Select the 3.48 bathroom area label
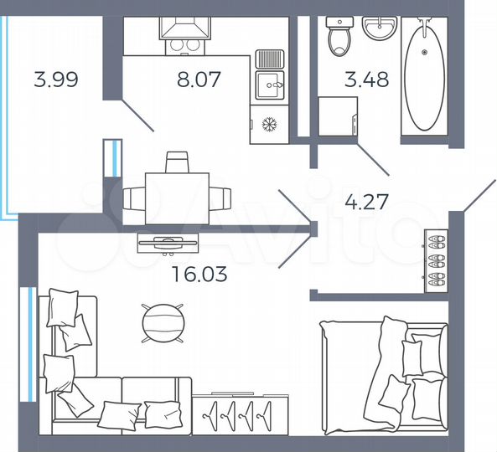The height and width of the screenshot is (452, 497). pos(368,82)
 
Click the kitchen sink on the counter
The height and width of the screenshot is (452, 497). pos(269,81)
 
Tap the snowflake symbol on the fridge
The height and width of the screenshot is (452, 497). pos(269,125)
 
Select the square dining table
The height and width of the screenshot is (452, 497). pos(176,198)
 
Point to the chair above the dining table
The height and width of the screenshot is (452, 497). pos(176,162)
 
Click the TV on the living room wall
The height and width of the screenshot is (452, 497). pos(168,243)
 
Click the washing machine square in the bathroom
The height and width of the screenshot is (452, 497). pos(337,116)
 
